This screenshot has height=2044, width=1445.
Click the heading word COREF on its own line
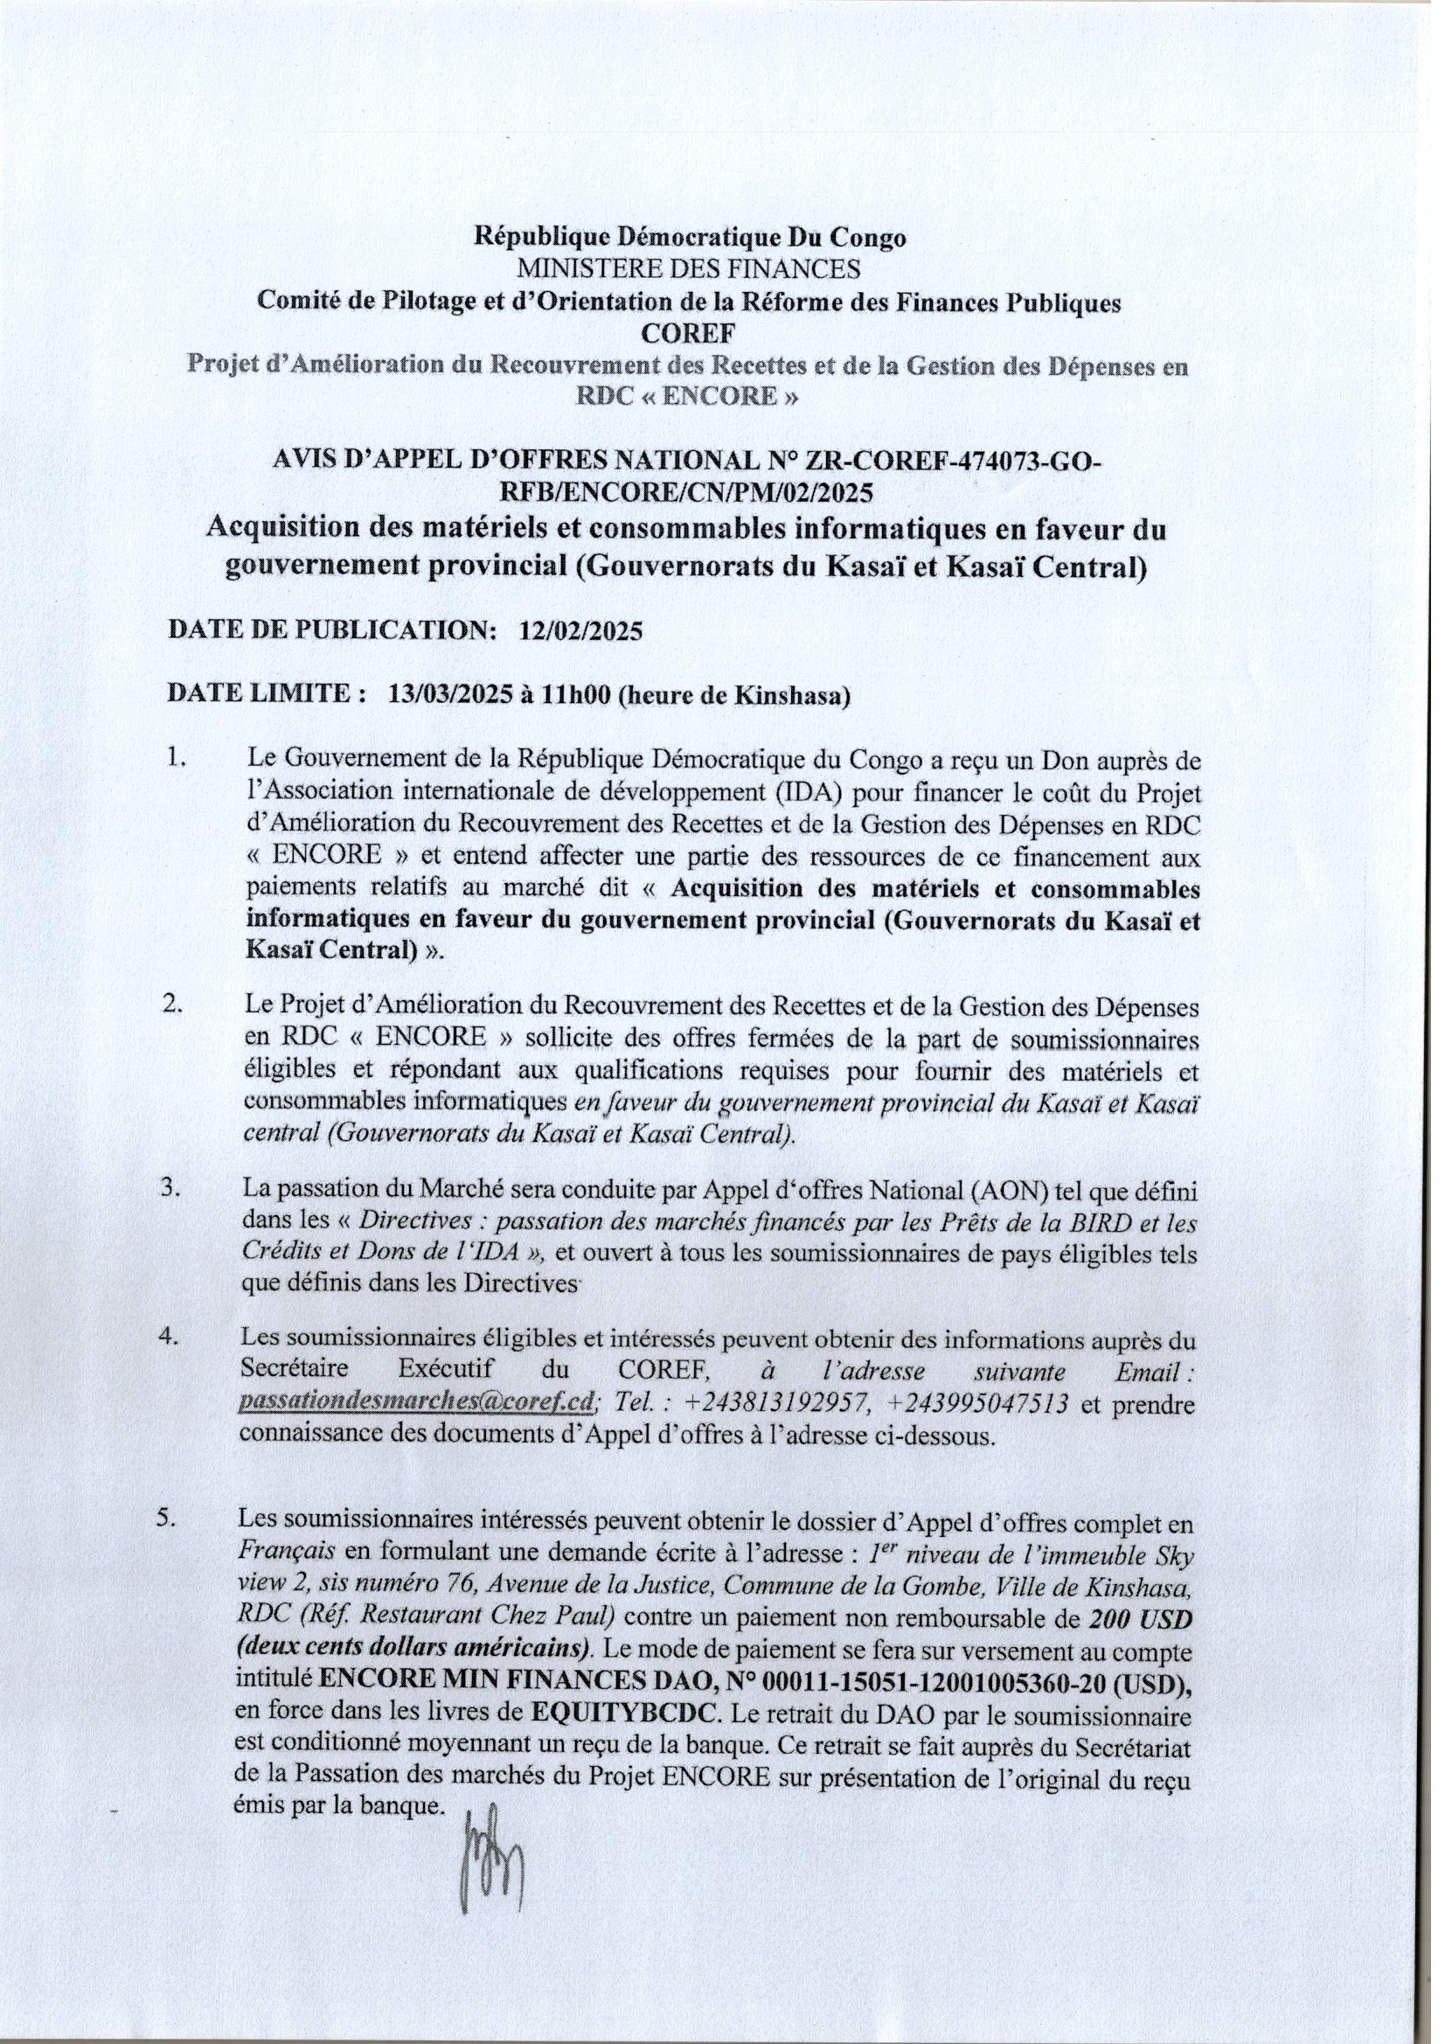click(x=688, y=334)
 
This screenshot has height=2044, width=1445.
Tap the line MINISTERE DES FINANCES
click(x=688, y=269)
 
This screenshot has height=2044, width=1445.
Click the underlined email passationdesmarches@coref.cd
click(x=417, y=1403)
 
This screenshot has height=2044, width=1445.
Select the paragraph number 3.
click(x=171, y=1189)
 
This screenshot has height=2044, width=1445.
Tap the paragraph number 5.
click(x=166, y=1519)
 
